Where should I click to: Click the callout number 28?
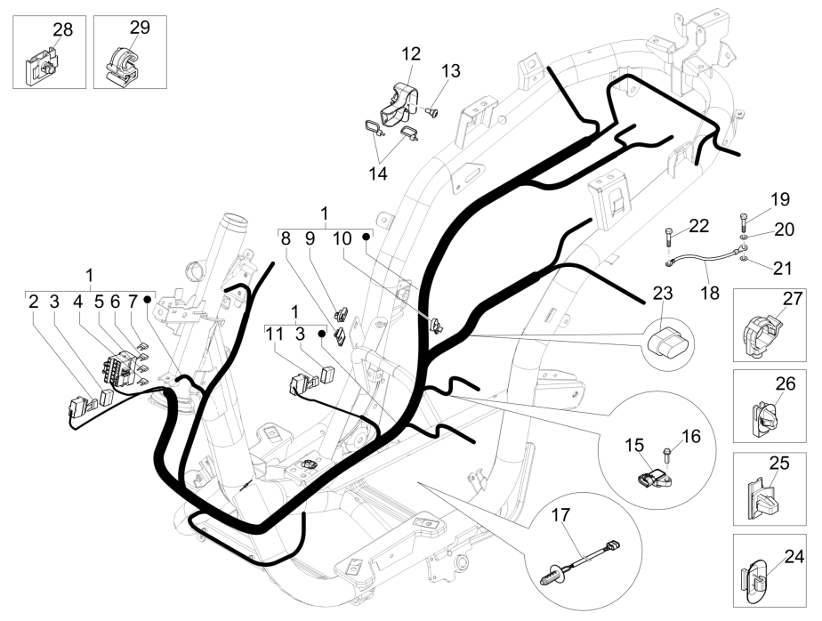click(62, 29)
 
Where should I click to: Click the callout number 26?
click(784, 385)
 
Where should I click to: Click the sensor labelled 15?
click(648, 478)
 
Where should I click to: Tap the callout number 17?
click(559, 514)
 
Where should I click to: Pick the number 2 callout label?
click(33, 302)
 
